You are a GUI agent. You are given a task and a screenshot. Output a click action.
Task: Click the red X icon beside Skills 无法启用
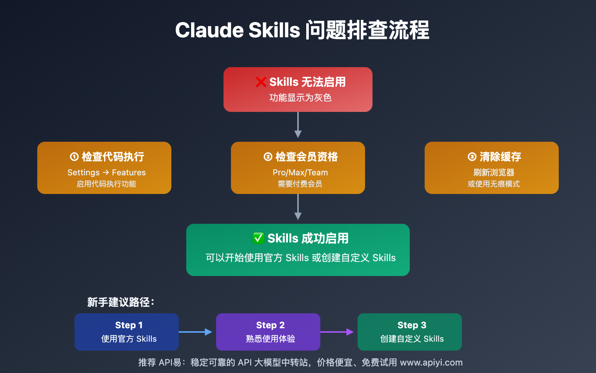261,82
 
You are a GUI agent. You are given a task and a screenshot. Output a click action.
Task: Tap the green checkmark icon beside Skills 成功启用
259,238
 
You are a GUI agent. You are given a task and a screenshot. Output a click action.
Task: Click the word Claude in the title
209,30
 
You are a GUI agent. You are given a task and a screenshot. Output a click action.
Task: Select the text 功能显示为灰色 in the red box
300,98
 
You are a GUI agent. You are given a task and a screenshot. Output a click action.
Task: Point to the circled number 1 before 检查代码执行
74,157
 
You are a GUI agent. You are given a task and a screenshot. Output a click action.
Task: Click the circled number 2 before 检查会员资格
268,157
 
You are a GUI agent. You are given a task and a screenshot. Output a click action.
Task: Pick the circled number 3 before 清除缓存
472,157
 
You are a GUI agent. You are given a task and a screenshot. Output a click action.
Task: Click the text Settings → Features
107,173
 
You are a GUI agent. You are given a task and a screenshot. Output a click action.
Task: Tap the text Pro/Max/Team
300,173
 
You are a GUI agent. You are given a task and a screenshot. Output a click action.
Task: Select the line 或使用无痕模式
494,184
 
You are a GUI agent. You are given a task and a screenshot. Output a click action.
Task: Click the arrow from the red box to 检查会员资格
298,125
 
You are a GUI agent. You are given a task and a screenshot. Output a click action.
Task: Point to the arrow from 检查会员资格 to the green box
298,207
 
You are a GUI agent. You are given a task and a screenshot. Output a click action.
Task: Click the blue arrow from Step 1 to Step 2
196,332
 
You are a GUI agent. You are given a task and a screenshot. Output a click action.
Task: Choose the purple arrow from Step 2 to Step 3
337,332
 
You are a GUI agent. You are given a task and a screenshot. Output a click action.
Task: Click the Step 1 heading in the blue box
129,325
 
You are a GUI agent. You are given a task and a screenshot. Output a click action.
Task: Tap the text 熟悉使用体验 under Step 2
270,339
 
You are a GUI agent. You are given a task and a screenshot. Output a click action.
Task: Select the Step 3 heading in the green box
412,325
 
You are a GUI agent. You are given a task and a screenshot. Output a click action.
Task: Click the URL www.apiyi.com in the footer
431,363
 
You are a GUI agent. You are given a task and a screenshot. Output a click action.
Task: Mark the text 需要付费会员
300,184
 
